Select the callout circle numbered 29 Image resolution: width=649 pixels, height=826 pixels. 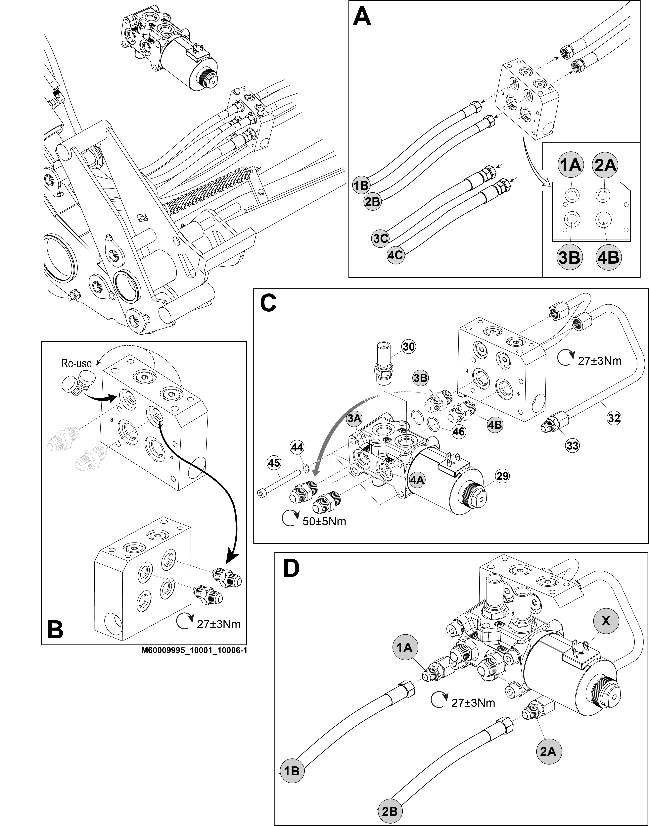pos(502,476)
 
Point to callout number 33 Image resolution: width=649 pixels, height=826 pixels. pos(572,445)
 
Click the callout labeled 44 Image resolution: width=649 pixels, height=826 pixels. pos(297,447)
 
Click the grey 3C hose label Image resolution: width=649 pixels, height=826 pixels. pos(380,238)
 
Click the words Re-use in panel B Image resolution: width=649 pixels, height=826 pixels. pos(76,363)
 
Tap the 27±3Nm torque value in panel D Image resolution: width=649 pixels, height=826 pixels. pos(473,703)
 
